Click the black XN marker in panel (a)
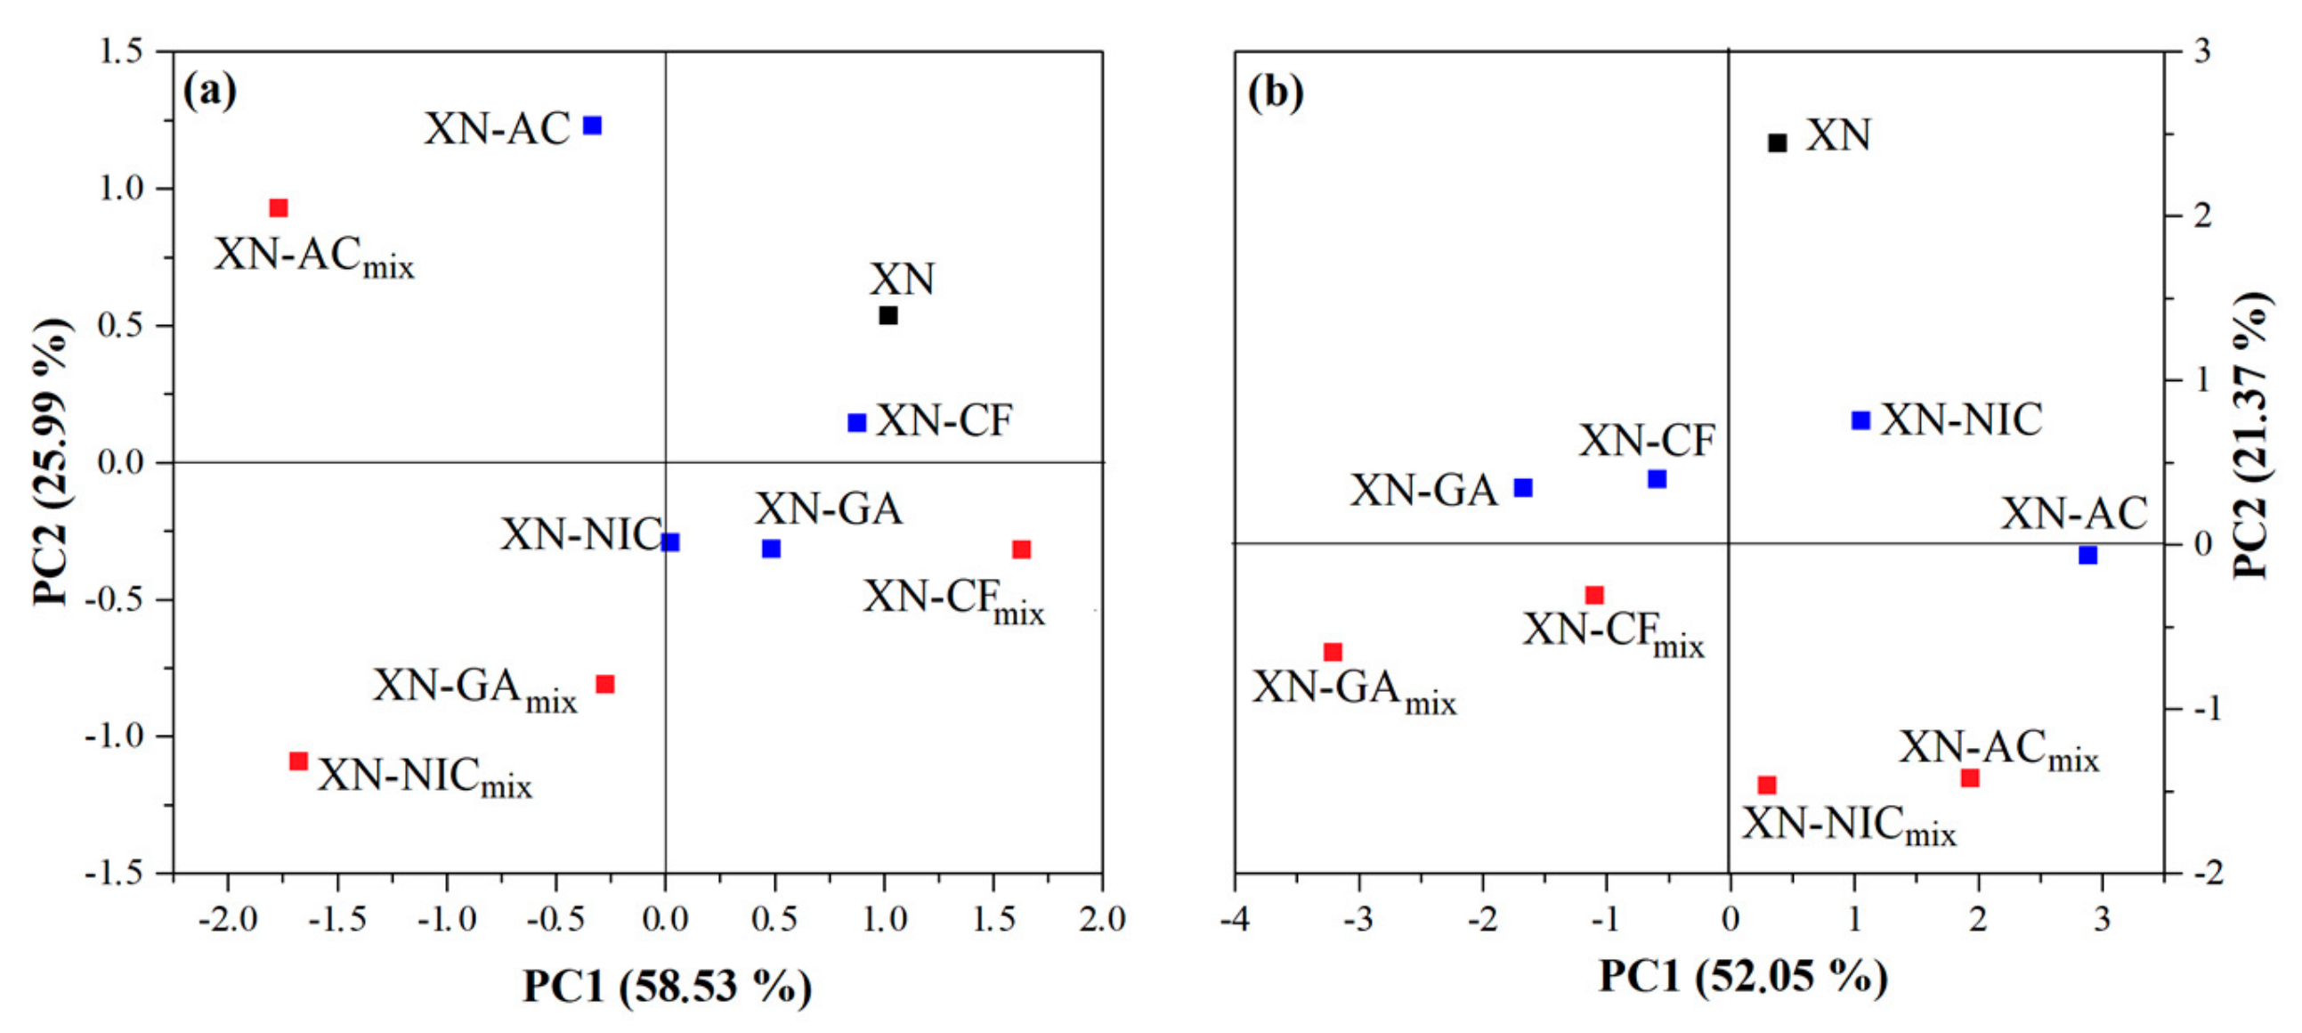pos(888,315)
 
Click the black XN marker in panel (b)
pos(1778,143)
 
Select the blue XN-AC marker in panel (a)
pos(593,125)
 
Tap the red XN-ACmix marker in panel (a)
pos(279,208)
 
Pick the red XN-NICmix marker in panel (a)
pos(298,761)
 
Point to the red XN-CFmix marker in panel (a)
pos(1021,549)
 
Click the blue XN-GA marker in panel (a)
pos(771,549)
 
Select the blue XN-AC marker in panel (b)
pos(2087,556)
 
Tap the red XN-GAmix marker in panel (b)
pos(1333,653)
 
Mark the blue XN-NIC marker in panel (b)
pos(1860,420)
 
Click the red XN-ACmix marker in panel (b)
pos(1970,778)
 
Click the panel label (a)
pos(210,92)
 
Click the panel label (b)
pos(1276,92)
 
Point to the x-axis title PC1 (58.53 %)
pos(668,987)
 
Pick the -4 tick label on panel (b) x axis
pos(1235,919)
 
